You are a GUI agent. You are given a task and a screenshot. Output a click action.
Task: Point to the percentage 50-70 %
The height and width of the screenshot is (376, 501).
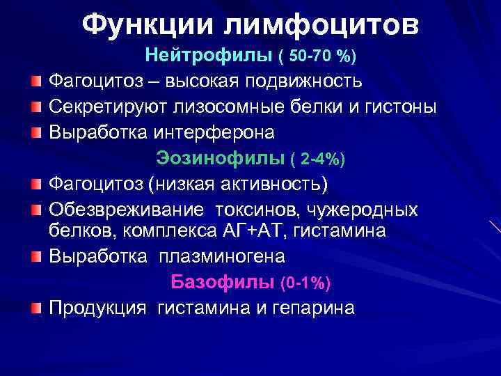tap(324, 55)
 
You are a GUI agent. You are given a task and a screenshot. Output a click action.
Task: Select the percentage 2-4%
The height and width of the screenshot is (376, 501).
tap(320, 159)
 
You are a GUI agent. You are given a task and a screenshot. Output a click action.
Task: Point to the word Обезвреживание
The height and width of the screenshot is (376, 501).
tap(126, 210)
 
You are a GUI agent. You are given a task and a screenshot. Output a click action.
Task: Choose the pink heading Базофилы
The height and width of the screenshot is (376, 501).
tap(222, 283)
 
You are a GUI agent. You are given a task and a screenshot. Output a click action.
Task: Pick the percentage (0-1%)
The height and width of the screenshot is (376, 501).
tap(305, 283)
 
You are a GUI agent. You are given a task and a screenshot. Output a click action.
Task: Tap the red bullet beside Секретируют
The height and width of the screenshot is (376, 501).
tap(37, 107)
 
